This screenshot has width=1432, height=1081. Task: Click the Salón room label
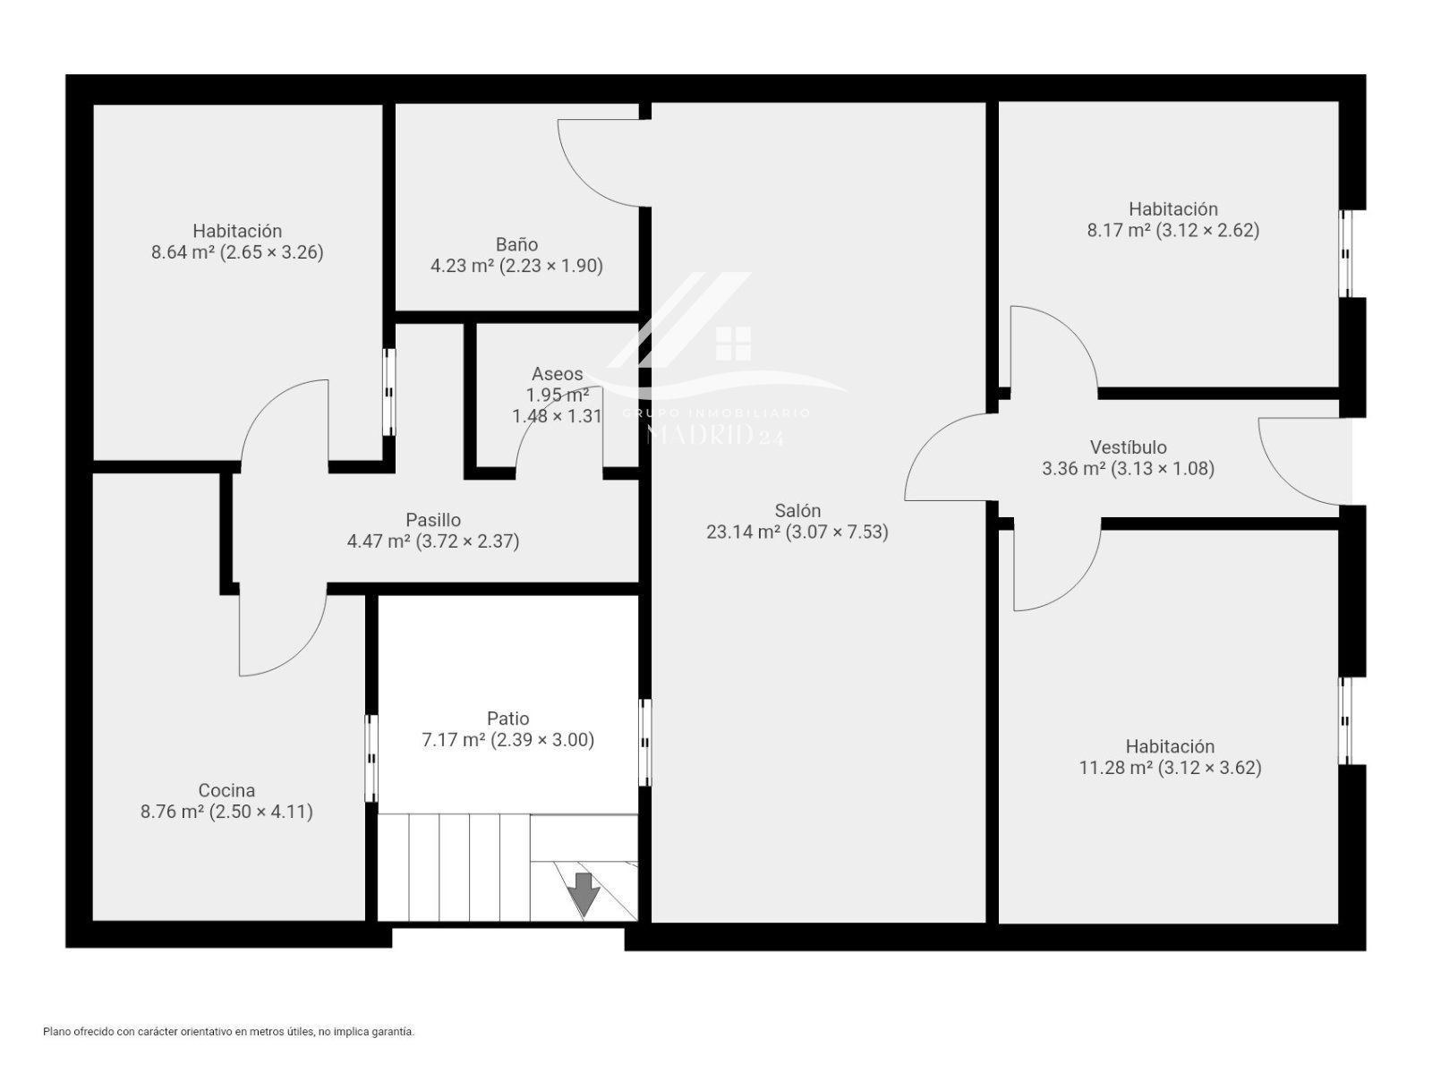[x=797, y=510]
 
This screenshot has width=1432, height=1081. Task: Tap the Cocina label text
[x=226, y=790]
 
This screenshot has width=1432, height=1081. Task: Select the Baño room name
[x=516, y=244]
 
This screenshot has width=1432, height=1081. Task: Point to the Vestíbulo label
[x=1128, y=447]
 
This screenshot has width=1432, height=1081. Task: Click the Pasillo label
[x=433, y=520]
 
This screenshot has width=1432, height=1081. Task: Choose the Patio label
[x=508, y=719]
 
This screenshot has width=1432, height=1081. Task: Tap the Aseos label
[x=558, y=373]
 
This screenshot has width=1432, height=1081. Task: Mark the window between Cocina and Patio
[x=371, y=758]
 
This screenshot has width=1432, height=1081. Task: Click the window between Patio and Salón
[x=644, y=742]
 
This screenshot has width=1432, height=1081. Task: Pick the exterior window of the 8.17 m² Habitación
[x=1345, y=253]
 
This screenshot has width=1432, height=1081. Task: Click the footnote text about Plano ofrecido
[x=229, y=1032]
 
